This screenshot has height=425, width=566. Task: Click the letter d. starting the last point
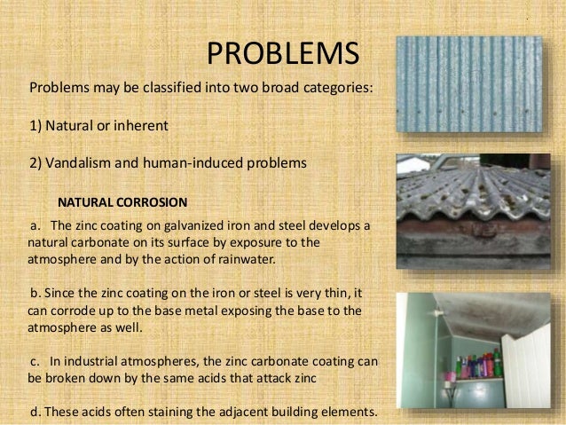tap(35, 412)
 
